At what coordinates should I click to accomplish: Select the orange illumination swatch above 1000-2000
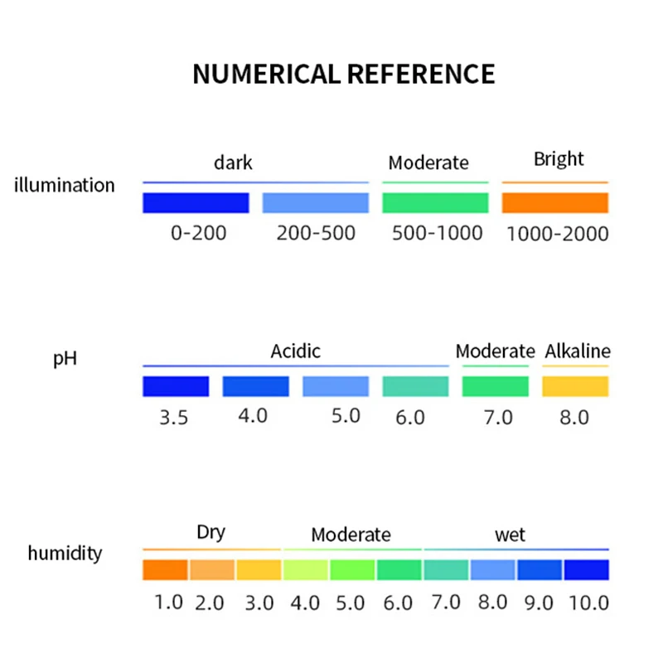[555, 203]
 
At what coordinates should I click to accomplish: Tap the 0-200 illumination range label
[198, 233]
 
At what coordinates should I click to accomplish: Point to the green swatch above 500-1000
[435, 203]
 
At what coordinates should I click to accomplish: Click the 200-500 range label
[316, 233]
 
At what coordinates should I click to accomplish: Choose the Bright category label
[559, 159]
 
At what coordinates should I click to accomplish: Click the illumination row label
[65, 185]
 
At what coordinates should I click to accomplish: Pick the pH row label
[65, 361]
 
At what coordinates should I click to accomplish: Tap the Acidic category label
[295, 351]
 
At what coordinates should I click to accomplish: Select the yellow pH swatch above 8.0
[575, 386]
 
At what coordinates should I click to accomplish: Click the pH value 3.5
[174, 418]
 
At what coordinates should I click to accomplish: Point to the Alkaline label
[577, 351]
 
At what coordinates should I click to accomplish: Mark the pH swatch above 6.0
[415, 386]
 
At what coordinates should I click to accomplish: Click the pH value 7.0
[498, 417]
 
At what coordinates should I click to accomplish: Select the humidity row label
[65, 553]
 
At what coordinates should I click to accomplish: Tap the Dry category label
[211, 532]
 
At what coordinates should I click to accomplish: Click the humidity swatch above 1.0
[166, 570]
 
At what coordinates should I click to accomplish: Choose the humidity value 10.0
[588, 603]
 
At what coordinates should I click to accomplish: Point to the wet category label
[510, 535]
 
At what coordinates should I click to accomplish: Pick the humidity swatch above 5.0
[352, 570]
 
